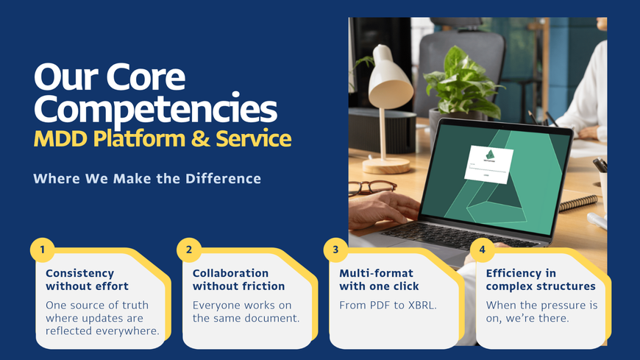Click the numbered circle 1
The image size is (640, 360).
click(x=43, y=250)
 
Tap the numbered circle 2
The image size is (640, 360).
click(x=189, y=250)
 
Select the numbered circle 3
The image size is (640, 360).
click(x=335, y=250)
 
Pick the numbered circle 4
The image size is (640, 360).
click(x=482, y=250)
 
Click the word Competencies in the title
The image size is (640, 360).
click(x=155, y=109)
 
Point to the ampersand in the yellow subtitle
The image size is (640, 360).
click(x=200, y=138)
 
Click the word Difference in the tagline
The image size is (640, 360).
click(x=224, y=179)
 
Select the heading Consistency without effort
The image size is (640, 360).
click(x=87, y=280)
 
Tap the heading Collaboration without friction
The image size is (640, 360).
click(x=238, y=280)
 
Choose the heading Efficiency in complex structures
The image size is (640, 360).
click(x=541, y=280)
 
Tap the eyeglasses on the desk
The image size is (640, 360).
click(x=371, y=188)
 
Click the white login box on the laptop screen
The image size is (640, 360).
click(x=488, y=164)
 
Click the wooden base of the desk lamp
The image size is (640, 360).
click(x=386, y=166)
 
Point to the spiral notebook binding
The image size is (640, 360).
click(x=578, y=203)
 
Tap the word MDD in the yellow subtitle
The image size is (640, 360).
click(x=60, y=139)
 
